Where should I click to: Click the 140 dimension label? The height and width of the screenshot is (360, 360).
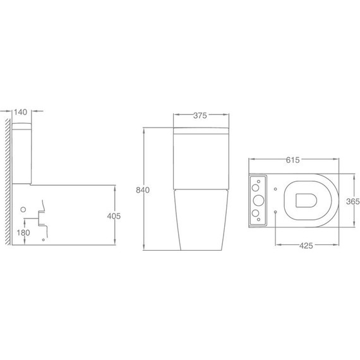tap(20, 112)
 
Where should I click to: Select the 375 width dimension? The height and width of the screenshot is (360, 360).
tap(200, 116)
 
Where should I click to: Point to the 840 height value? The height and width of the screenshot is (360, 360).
tap(143, 190)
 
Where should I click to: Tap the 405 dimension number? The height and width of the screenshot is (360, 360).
tap(114, 216)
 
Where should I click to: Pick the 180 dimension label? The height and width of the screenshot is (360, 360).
tap(23, 233)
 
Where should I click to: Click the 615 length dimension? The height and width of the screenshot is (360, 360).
tap(292, 160)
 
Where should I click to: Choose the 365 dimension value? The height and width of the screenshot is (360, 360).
tap(353, 201)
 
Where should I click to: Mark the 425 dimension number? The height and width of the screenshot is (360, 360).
tap(306, 246)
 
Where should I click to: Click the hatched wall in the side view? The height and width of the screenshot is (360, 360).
tap(8, 182)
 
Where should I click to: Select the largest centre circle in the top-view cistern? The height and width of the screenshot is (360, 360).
tap(258, 200)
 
